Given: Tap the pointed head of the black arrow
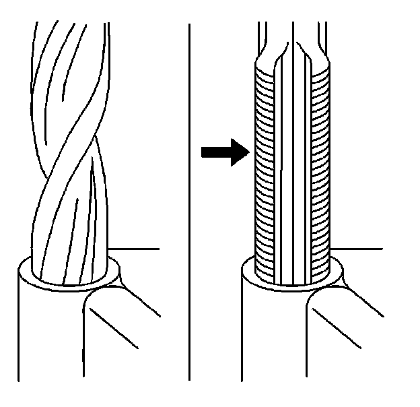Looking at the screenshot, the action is [x=242, y=152].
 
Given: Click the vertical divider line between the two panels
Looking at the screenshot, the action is [x=189, y=202].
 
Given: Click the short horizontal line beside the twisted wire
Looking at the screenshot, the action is [x=135, y=249].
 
